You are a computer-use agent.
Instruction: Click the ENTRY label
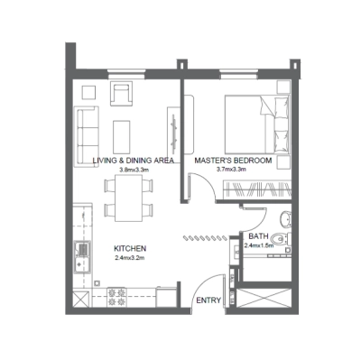tap(208, 300)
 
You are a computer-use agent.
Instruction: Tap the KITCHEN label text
tap(130, 248)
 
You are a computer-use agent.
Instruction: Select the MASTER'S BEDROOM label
tap(232, 161)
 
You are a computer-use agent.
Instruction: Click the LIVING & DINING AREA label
tap(134, 161)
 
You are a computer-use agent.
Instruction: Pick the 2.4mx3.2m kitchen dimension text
tap(130, 258)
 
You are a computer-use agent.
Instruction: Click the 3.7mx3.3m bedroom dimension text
tap(232, 170)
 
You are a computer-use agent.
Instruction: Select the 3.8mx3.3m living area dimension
tap(134, 170)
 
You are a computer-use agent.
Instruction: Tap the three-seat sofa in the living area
tap(87, 127)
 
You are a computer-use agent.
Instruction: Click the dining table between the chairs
tap(125, 198)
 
